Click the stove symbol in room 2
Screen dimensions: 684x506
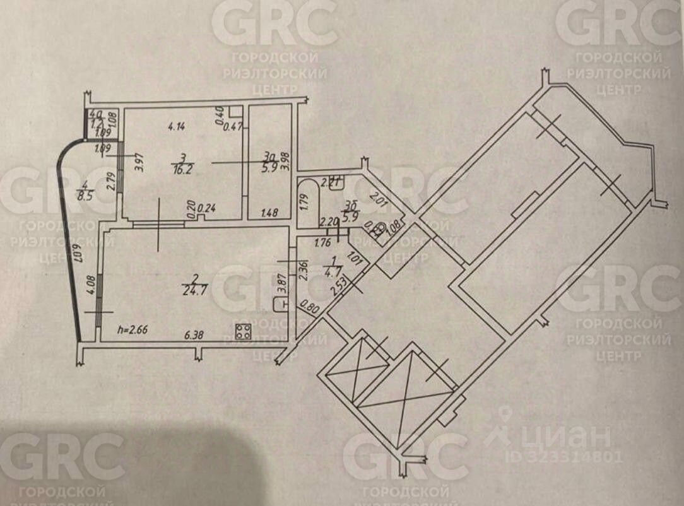click(x=243, y=331)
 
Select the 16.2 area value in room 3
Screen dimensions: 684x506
click(x=181, y=169)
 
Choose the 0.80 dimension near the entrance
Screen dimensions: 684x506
click(x=310, y=309)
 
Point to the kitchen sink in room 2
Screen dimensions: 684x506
click(x=280, y=305)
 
